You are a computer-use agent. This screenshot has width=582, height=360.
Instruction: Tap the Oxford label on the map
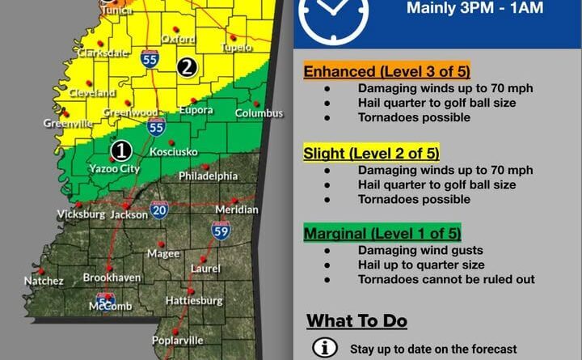178,38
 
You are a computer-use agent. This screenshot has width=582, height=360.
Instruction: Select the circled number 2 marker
187,67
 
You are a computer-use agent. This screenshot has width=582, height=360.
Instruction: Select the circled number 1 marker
121,150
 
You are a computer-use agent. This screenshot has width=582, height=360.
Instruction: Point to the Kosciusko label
173,152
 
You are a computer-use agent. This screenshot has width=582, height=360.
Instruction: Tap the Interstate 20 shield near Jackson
159,210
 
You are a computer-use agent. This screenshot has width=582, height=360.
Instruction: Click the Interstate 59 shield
221,230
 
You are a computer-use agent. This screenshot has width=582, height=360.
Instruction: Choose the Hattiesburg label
195,300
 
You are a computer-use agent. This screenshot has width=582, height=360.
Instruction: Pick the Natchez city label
44,281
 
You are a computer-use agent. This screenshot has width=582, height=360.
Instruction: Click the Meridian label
237,210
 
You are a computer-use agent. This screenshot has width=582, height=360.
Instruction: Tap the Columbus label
259,113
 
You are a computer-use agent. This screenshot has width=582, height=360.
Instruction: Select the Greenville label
70,124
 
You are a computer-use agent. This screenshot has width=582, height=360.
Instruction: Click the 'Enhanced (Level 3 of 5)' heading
387,71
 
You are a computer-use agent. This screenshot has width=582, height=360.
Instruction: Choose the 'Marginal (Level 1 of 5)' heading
382,235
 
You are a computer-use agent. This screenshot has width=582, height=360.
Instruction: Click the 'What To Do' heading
356,320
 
